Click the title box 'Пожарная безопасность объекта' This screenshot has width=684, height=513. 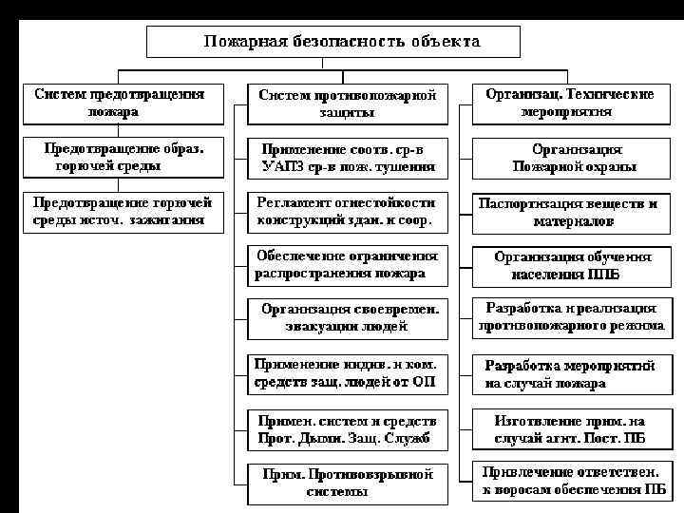[x=332, y=42]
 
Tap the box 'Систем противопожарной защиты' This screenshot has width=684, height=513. [x=348, y=104]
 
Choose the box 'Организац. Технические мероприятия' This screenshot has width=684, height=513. [x=570, y=104]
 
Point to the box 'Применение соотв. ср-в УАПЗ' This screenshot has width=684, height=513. [x=348, y=159]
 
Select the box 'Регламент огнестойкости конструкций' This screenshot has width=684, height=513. [x=348, y=212]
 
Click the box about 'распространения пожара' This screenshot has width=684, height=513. [x=348, y=265]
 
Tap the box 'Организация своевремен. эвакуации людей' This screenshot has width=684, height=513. [x=348, y=318]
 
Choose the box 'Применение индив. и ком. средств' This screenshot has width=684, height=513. [x=348, y=373]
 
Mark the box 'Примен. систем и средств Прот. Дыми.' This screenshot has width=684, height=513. [x=348, y=429]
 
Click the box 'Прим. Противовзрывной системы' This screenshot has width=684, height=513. [x=348, y=483]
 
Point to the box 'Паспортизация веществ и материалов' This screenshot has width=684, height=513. [x=570, y=212]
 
